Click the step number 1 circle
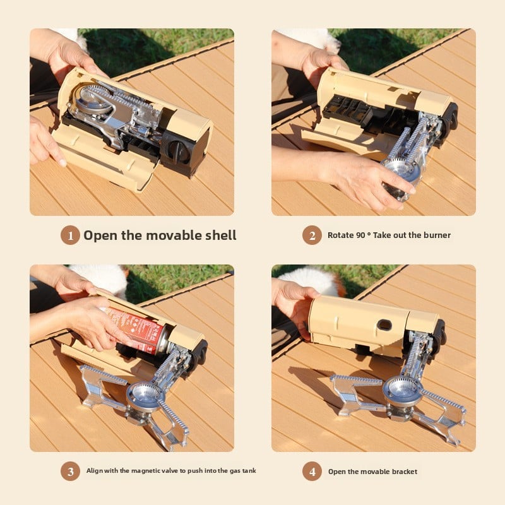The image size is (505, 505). [70, 235]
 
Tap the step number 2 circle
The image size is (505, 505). [312, 235]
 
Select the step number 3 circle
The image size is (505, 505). [70, 471]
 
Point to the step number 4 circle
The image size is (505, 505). [312, 471]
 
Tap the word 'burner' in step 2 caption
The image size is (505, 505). [436, 235]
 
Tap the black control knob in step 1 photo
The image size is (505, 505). [178, 151]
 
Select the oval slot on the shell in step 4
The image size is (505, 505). [384, 324]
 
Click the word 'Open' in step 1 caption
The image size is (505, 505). [101, 235]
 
